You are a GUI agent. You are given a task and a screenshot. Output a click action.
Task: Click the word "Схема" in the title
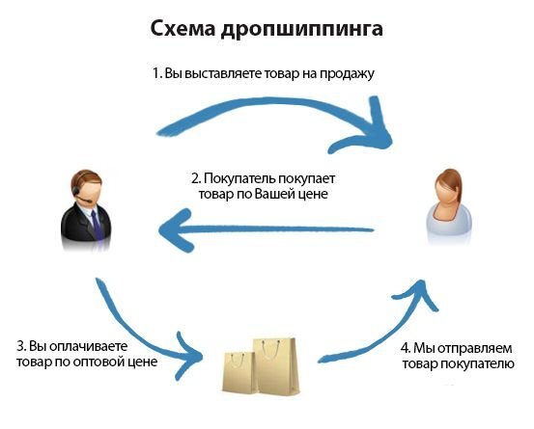click(183, 29)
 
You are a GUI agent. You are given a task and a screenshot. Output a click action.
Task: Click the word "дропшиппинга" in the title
click(302, 30)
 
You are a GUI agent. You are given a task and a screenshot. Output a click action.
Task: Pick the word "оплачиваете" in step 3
click(89, 346)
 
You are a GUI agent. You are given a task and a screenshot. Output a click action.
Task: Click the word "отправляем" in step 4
click(475, 348)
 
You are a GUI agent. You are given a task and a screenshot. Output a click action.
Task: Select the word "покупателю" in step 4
click(477, 363)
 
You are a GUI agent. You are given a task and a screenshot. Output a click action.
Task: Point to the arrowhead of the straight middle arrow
click(176, 229)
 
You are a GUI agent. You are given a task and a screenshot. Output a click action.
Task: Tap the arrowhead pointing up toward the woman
click(417, 292)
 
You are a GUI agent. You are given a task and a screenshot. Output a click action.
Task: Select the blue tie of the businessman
click(96, 224)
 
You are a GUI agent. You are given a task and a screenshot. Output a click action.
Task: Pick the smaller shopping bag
click(239, 372)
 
